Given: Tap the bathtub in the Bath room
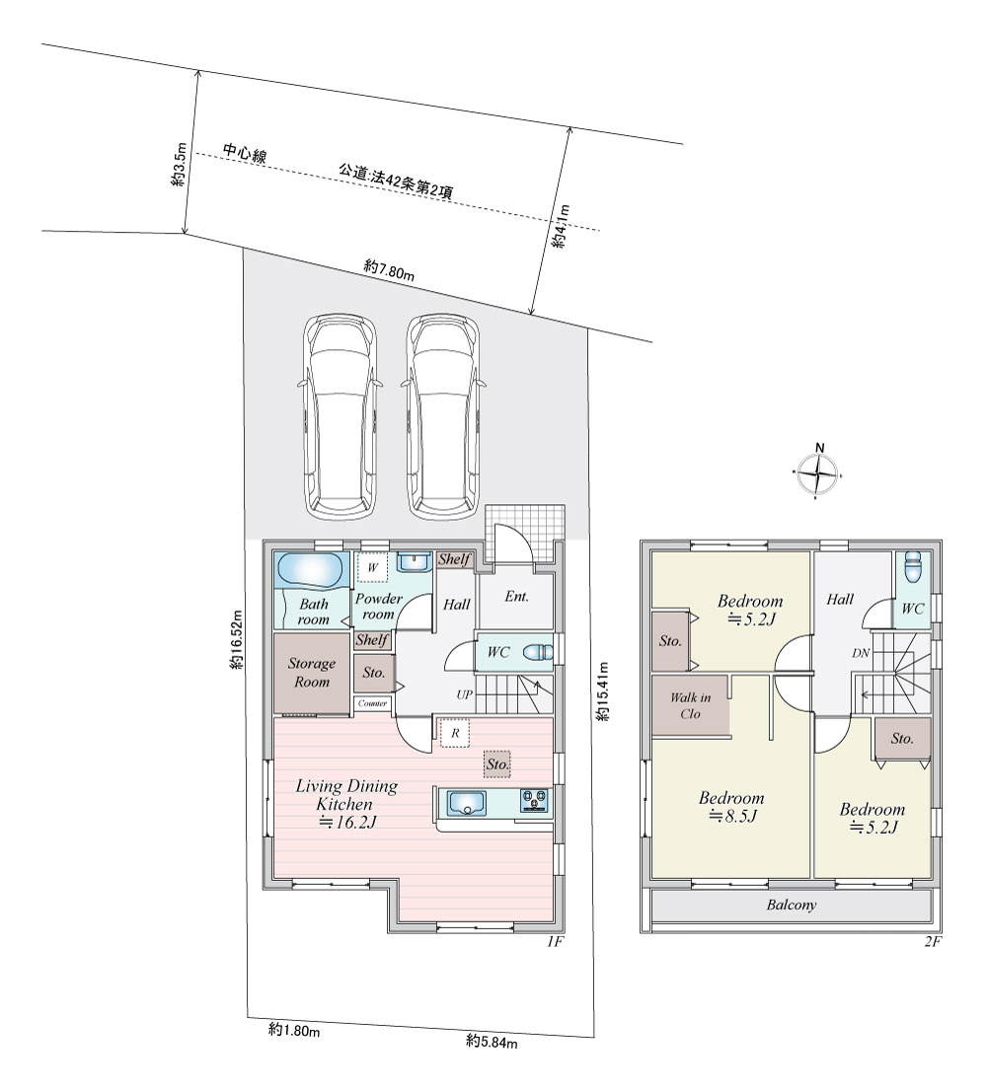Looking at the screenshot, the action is [310, 571].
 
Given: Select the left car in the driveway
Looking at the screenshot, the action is [341, 417].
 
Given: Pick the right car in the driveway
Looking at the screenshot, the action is [443, 417].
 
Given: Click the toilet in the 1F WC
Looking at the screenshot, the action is [539, 653].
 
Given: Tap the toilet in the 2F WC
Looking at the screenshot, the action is [912, 569].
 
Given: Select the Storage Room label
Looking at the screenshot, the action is [312, 673].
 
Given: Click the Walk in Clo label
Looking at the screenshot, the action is [690, 705].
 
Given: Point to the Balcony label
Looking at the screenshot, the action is [792, 906].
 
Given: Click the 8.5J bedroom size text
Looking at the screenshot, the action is [733, 816].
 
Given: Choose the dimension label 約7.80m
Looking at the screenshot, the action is [389, 270].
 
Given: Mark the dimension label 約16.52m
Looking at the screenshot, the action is [238, 639].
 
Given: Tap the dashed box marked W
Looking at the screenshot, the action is [373, 567].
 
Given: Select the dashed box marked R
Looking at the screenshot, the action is [454, 733].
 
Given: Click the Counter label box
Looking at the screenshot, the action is [372, 703].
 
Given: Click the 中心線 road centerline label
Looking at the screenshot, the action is [245, 154].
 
